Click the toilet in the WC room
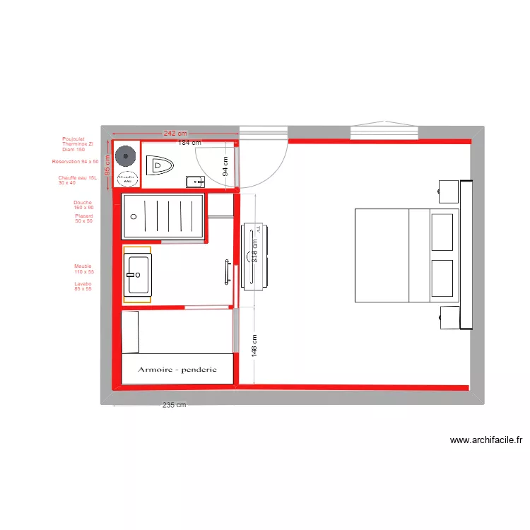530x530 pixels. [160, 166]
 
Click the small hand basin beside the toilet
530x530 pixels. [195, 182]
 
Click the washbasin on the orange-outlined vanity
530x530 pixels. [137, 274]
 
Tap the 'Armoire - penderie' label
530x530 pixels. [177, 370]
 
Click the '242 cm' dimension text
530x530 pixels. [175, 133]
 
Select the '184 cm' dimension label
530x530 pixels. [189, 142]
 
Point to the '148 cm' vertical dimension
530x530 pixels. [255, 346]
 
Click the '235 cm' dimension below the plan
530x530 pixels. [174, 405]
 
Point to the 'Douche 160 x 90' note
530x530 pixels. [83, 205]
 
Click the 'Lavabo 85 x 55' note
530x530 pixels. [83, 286]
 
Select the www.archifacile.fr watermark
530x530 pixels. [486, 440]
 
